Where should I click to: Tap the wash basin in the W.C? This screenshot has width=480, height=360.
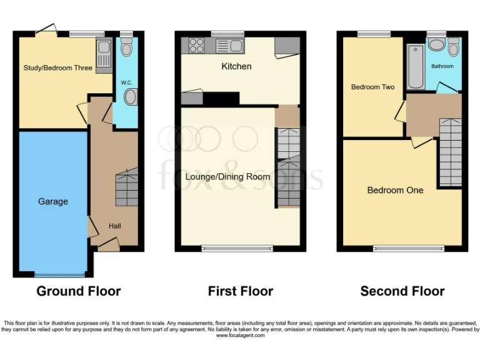(131, 97)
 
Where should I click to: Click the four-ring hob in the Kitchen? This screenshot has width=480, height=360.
(197, 45)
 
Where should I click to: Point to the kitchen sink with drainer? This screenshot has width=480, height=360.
(229, 45)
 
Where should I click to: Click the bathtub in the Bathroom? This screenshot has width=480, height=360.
(414, 66)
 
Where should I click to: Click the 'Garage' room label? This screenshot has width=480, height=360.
(53, 202)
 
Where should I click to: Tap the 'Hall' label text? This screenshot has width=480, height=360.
(115, 226)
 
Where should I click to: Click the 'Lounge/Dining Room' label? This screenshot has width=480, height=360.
(227, 177)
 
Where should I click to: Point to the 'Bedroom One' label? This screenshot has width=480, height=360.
(395, 190)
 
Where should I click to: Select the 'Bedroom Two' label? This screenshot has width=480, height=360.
(372, 87)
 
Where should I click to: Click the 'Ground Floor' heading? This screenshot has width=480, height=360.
(79, 291)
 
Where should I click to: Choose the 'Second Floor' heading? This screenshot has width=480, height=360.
(402, 291)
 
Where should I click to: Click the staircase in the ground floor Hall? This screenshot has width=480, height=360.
(126, 187)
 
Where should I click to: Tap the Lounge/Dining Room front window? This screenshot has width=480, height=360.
(237, 249)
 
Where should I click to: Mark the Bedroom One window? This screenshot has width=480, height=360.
(409, 249)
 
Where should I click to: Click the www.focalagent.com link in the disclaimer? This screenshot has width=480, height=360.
(240, 336)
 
